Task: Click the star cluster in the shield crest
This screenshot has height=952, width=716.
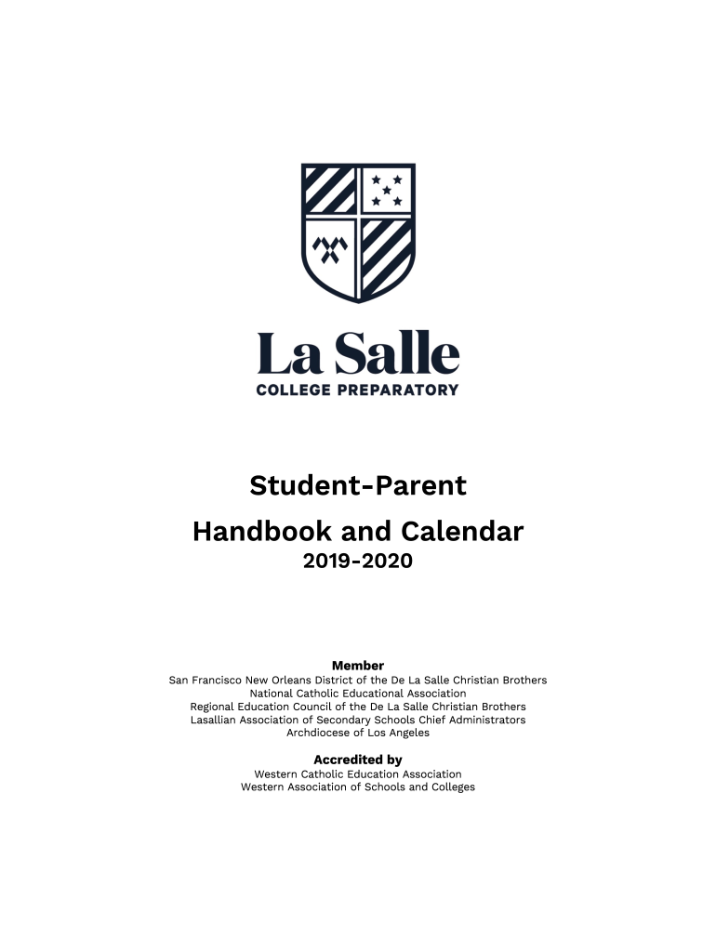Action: [x=387, y=190]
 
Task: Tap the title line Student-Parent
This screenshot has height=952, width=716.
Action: [x=358, y=485]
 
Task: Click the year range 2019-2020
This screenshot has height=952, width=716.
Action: [x=358, y=562]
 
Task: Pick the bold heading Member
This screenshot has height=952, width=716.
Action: [x=358, y=666]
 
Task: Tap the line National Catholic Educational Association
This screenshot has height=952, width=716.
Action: [x=358, y=694]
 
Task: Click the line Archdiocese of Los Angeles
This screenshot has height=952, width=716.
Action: [x=358, y=733]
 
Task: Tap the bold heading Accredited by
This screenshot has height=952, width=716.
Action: [x=358, y=760]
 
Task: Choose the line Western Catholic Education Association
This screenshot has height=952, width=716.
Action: [x=358, y=773]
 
